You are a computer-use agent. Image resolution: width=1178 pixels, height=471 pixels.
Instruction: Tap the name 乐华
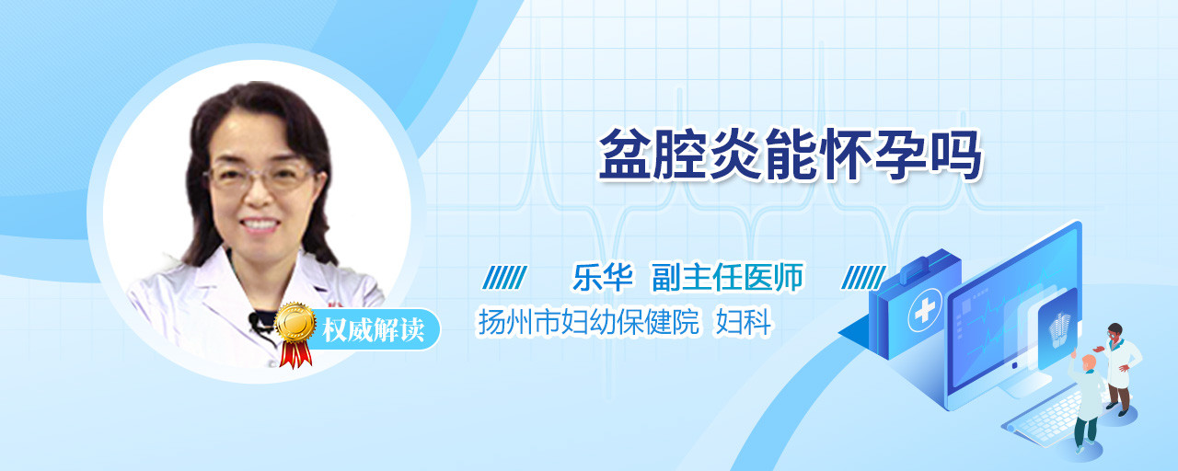point(603,277)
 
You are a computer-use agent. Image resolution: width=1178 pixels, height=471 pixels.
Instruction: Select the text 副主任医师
point(728,277)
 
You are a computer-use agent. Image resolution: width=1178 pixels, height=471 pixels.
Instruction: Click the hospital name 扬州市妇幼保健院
point(589,322)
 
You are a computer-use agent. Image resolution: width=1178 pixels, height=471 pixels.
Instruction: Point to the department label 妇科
point(744,322)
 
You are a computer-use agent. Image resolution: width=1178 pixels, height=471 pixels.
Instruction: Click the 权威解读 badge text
point(374,329)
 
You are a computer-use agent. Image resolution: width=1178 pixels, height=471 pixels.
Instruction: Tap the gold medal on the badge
point(295,322)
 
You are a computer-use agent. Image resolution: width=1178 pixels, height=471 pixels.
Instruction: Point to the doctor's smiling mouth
point(260,224)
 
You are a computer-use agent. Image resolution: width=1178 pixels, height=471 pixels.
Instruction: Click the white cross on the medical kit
point(924,311)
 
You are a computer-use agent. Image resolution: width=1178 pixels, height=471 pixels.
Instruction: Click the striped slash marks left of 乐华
point(505,278)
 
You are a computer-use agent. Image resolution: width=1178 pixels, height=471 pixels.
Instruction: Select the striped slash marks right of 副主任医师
point(863,278)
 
